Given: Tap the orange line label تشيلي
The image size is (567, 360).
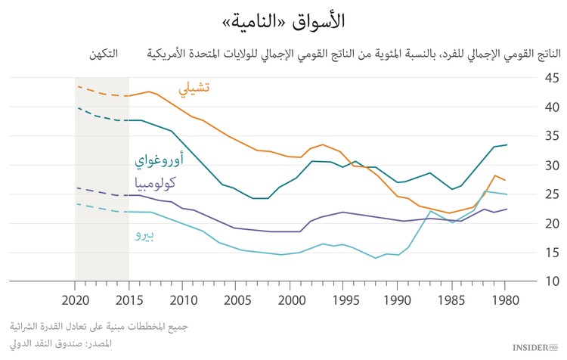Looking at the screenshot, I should pos(194,88).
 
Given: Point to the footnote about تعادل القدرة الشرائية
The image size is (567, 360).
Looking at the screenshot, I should pos(99,327).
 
